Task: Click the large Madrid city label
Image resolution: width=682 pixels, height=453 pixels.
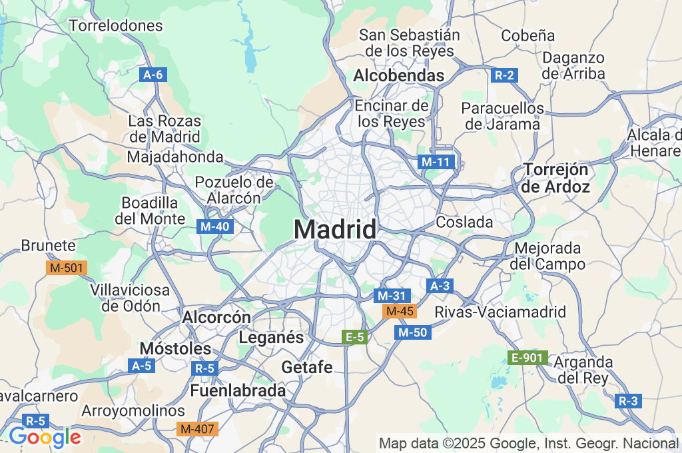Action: click(335, 229)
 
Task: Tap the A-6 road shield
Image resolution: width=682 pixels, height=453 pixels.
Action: click(153, 75)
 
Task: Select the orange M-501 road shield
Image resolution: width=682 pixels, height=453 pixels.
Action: click(67, 268)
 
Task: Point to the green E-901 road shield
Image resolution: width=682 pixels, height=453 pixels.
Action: click(527, 358)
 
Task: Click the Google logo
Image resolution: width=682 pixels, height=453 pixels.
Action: click(44, 437)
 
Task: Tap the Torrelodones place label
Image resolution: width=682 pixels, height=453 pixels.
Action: click(116, 26)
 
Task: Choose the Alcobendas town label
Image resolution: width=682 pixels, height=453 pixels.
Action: click(398, 76)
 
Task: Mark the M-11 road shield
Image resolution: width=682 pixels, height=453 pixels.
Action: click(436, 161)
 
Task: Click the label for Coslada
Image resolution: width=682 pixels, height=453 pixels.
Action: click(464, 222)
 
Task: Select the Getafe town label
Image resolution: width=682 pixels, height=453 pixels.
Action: click(307, 367)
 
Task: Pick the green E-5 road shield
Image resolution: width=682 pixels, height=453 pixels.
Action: click(354, 337)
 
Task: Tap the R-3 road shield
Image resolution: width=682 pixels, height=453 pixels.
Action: click(628, 401)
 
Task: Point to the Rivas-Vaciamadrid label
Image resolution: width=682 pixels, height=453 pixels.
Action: click(500, 312)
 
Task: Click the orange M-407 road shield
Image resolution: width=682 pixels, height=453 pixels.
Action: click(198, 429)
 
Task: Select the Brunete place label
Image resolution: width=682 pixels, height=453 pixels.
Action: click(48, 245)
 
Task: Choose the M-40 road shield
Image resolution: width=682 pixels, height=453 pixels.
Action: click(215, 226)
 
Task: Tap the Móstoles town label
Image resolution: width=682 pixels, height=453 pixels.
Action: click(175, 348)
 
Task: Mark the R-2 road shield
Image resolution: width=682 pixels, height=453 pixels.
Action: click(505, 75)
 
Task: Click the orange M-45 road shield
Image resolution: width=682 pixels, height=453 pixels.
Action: click(400, 311)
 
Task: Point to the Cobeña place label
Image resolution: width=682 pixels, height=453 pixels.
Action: click(527, 35)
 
